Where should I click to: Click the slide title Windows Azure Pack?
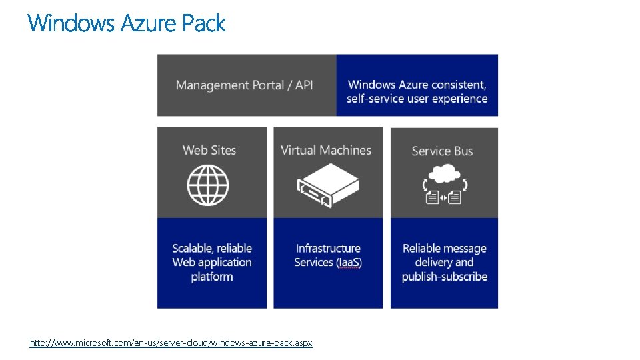[127, 24]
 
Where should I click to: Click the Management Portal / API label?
[244, 85]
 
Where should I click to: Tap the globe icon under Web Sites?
[208, 185]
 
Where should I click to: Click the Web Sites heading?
[209, 150]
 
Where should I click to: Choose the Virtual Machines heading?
[326, 150]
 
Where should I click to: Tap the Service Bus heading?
[442, 151]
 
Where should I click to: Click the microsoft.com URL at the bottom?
[171, 343]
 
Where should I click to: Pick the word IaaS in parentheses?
[349, 263]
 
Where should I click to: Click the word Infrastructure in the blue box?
[328, 249]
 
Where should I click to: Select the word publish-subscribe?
[445, 277]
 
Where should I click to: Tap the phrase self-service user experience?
[417, 99]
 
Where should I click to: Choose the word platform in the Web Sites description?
[212, 277]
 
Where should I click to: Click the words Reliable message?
[445, 249]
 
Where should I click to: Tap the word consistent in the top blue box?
[459, 85]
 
